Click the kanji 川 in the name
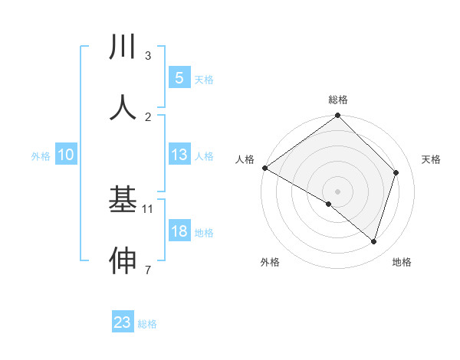123,47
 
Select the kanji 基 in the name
123,200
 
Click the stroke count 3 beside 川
148,55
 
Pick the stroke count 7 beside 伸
148,270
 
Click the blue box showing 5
179,77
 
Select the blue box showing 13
179,155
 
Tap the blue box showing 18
179,231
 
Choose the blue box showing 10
66,155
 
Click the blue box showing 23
123,322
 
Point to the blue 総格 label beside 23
147,324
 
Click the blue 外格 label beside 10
41,156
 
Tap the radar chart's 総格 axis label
338,100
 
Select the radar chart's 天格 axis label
432,159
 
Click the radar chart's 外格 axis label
270,262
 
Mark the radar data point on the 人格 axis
264,168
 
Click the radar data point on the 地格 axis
374,241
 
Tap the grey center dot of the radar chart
338,191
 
